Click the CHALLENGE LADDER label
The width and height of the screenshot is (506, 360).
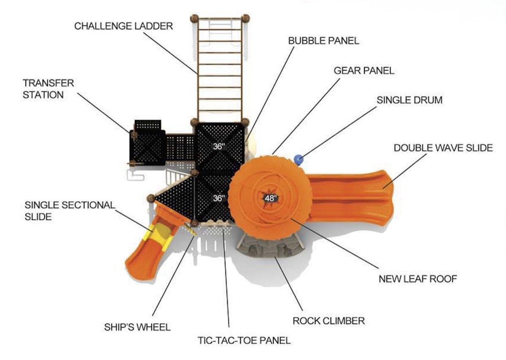(124, 26)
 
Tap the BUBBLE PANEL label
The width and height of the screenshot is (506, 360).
(323, 41)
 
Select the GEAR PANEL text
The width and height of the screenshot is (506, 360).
(364, 70)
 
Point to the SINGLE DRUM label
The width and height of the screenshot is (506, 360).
(409, 100)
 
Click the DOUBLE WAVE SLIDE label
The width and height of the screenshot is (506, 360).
(443, 148)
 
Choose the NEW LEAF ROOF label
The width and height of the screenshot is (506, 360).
(418, 279)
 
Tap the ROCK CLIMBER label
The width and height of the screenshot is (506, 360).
(328, 321)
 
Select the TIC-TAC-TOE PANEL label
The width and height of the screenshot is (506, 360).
(244, 340)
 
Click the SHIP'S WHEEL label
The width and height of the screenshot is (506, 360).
(137, 327)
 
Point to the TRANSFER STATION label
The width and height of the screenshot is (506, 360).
(48, 89)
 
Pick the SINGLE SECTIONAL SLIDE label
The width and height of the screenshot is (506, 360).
(70, 211)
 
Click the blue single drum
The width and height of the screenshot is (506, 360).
(299, 160)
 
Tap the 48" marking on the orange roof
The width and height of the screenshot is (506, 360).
(270, 198)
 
